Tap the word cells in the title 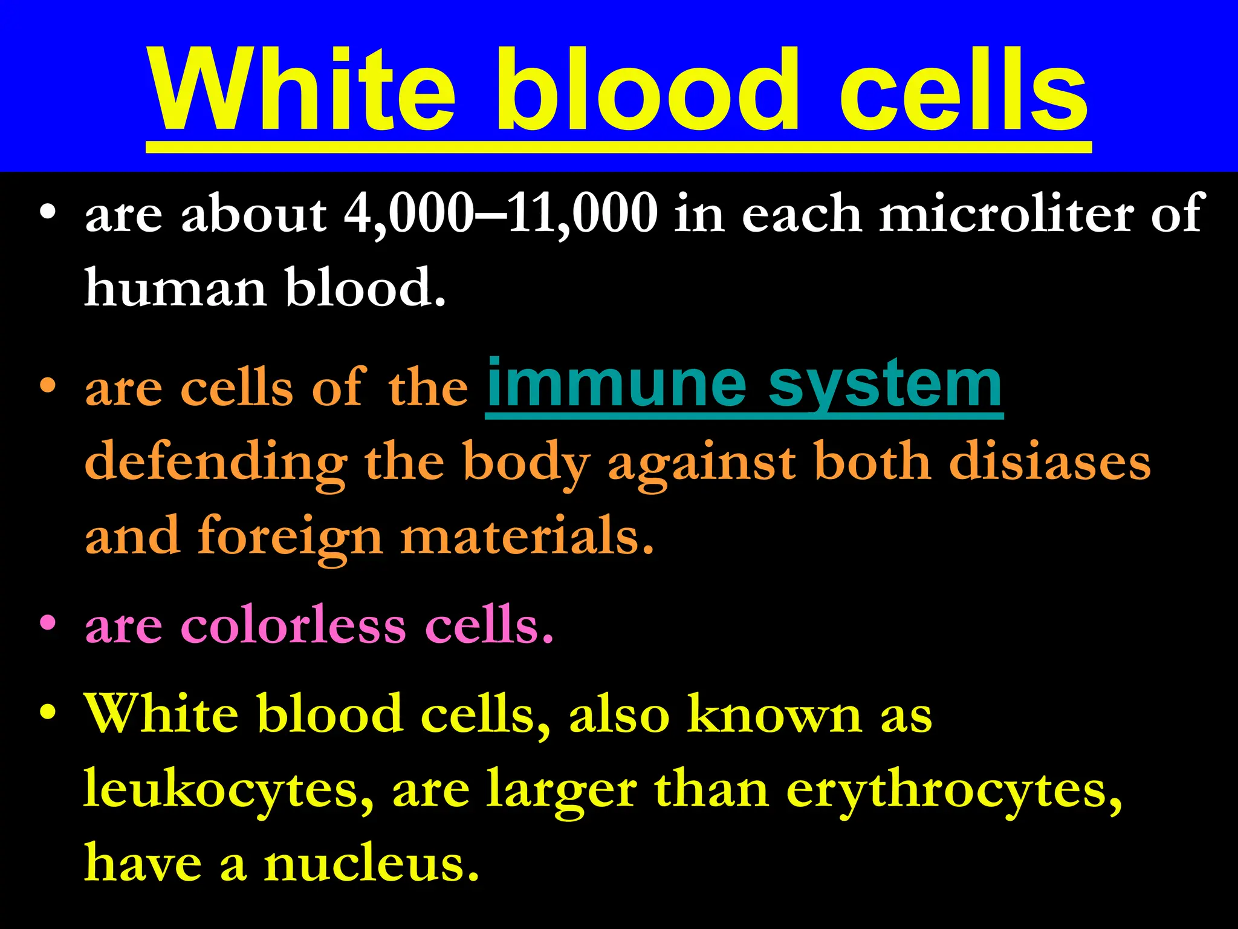(x=964, y=91)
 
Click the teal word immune (x=617, y=384)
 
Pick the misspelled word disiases (x=1049, y=463)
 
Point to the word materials (x=526, y=536)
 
